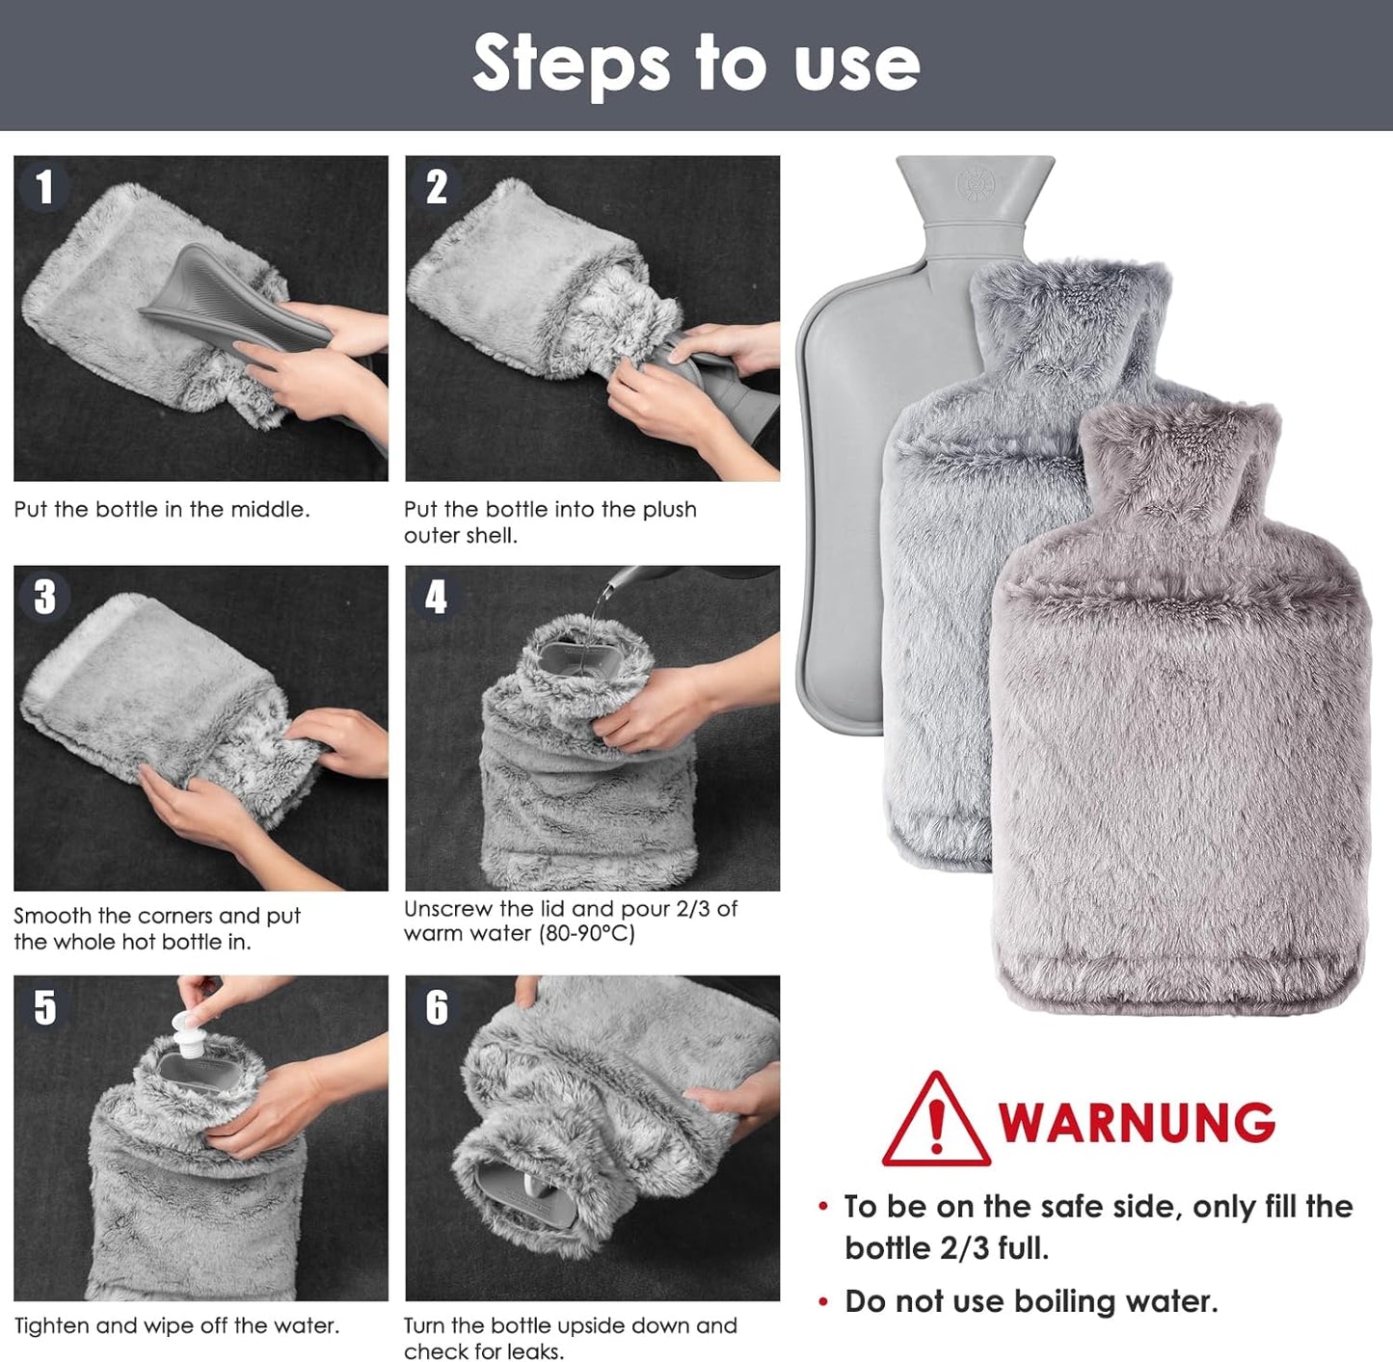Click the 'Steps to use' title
(x=696, y=64)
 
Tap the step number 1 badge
(x=44, y=186)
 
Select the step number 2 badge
(x=437, y=186)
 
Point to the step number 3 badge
(x=44, y=597)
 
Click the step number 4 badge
(x=437, y=597)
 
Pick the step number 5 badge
(x=44, y=1006)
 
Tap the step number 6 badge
(x=437, y=1006)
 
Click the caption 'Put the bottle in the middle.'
(x=162, y=509)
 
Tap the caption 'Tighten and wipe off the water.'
(x=176, y=1325)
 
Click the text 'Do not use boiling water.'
(x=1031, y=1301)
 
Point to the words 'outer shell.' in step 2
(x=461, y=536)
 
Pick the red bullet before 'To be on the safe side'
(x=822, y=1207)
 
